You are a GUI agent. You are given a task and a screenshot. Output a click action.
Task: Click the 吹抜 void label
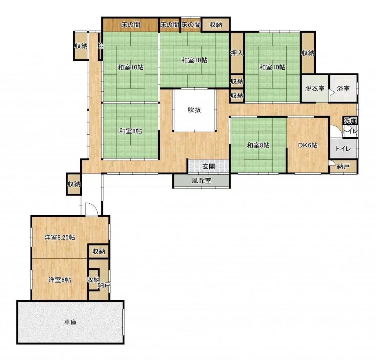[194, 110]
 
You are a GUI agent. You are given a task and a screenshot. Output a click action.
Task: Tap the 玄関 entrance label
[209, 166]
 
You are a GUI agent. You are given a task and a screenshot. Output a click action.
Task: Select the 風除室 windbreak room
[202, 181]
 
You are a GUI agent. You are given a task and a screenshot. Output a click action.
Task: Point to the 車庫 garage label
[70, 322]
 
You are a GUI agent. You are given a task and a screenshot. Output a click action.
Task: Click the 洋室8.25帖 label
[60, 237]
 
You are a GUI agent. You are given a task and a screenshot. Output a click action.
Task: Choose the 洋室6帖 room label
[60, 280]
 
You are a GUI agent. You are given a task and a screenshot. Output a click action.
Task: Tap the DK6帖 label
[308, 145]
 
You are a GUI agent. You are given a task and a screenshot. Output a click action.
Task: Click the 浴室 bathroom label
[343, 88]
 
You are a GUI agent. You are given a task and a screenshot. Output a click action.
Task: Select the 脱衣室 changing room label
[315, 88]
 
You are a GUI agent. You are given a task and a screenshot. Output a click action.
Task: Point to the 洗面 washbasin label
[350, 120]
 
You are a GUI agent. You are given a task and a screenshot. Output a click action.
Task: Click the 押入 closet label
[237, 53]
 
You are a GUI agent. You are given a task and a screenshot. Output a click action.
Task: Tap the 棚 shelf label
[101, 46]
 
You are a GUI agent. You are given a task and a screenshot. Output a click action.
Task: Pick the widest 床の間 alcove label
[130, 25]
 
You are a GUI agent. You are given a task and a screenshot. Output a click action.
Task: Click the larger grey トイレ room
[343, 149]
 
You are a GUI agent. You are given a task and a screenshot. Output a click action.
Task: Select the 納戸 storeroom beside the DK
[343, 166]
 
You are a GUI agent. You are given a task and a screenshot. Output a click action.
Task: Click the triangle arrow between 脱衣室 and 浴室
[332, 93]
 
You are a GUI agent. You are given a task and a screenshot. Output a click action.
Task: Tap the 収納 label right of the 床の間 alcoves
[216, 25]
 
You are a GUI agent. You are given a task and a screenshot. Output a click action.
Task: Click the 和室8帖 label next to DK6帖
[258, 145]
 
